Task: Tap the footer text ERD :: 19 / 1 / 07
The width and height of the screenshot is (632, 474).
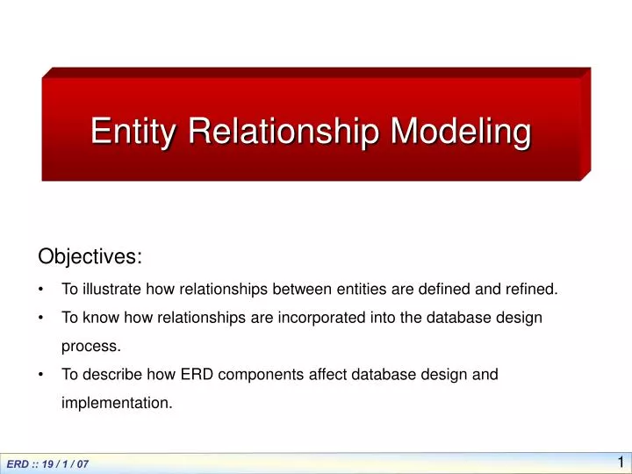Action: pyautogui.click(x=47, y=463)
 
